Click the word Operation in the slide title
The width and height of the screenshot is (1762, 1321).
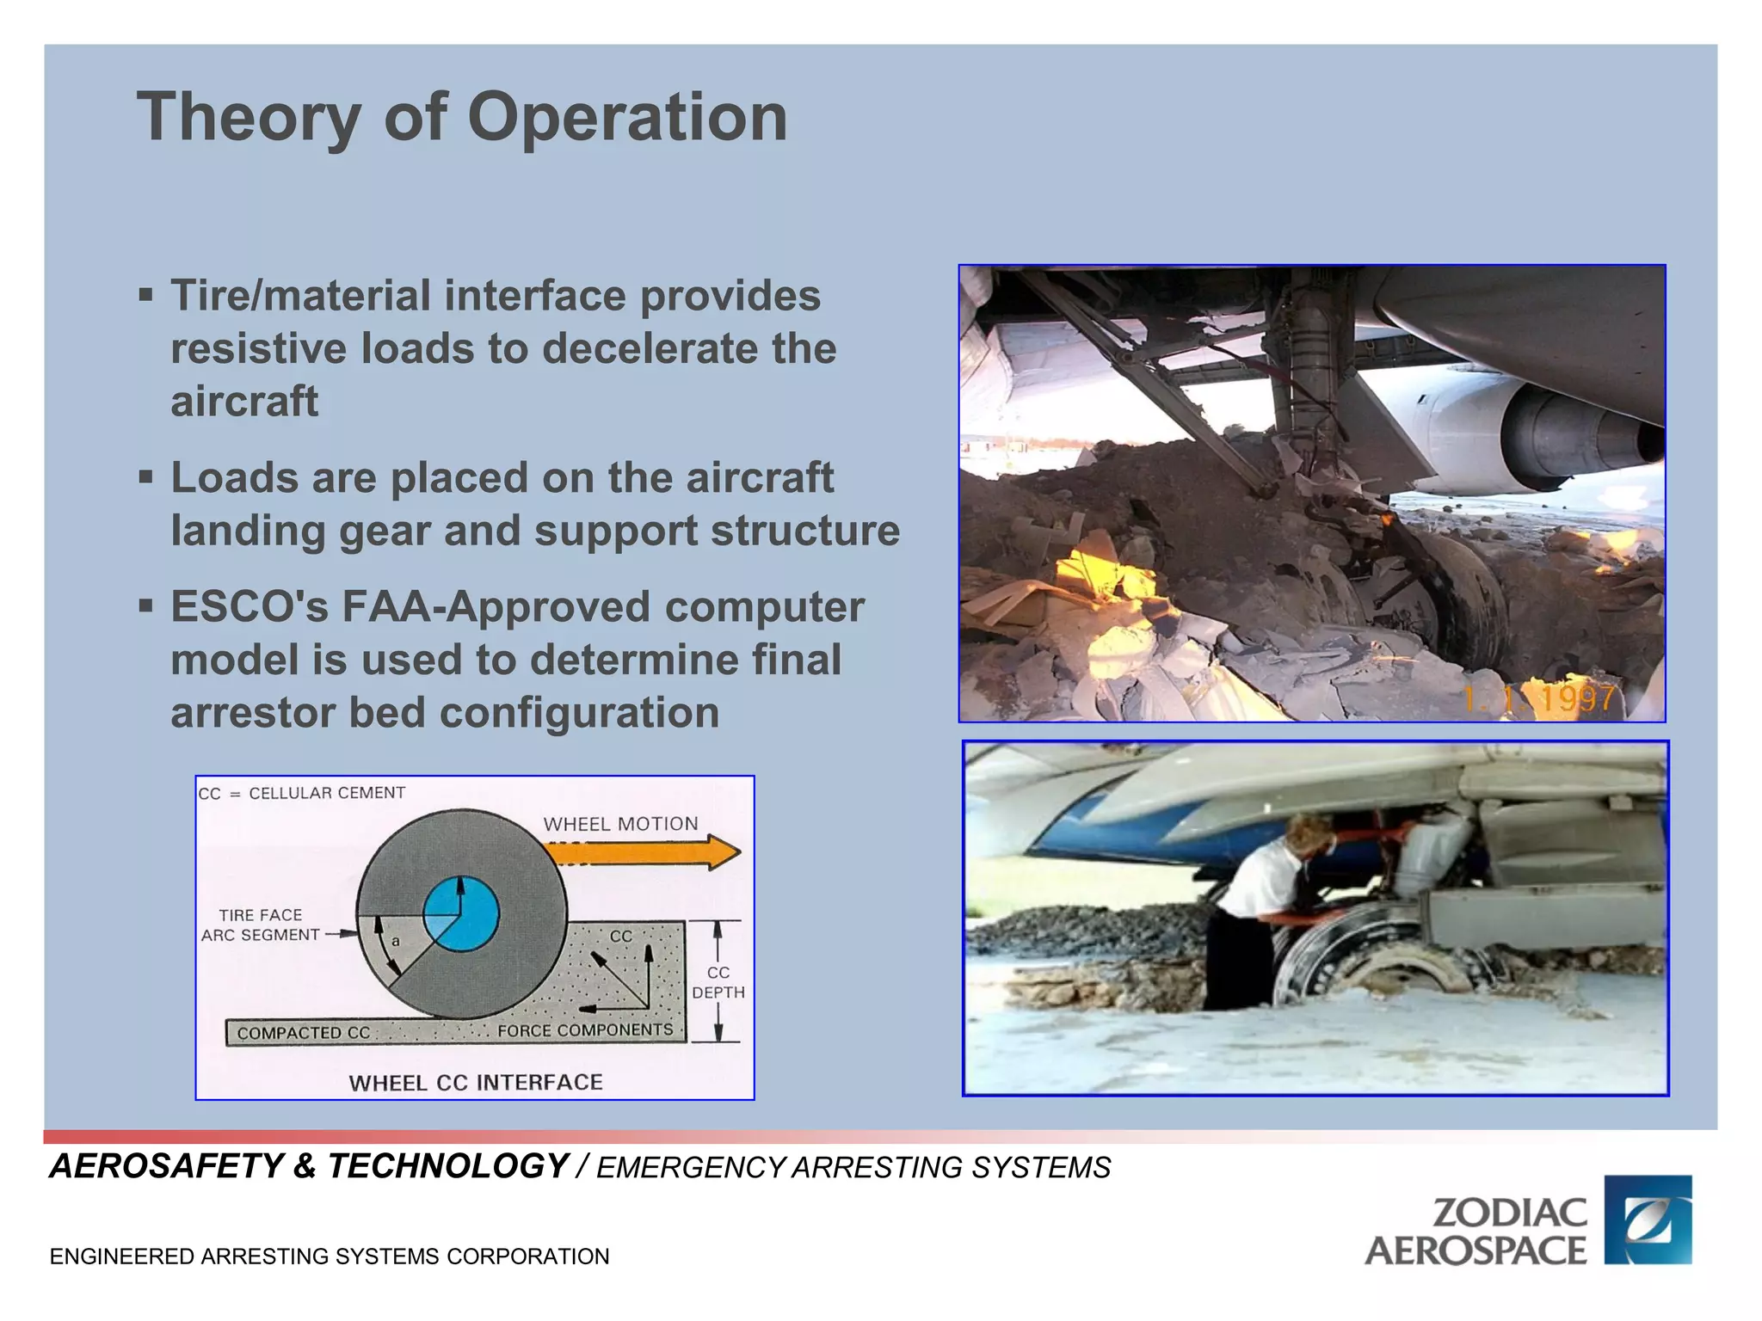(x=626, y=118)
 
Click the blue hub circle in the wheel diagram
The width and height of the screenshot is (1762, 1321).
(x=461, y=914)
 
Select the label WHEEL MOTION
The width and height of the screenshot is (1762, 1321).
(x=620, y=824)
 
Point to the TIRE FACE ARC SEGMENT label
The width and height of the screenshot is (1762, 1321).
(x=261, y=925)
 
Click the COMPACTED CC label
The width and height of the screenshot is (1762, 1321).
(x=303, y=1033)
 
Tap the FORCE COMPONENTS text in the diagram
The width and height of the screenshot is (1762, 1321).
(x=585, y=1030)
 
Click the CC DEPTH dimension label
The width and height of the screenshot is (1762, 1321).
(x=718, y=982)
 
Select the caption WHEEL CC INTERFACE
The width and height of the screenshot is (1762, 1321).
(x=476, y=1083)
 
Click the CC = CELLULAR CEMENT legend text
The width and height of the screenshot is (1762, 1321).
(x=302, y=793)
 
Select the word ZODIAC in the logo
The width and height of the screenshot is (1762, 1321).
(x=1509, y=1213)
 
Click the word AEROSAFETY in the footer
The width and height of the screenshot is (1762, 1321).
(x=166, y=1166)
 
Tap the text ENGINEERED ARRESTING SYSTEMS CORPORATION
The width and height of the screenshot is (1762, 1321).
(x=330, y=1256)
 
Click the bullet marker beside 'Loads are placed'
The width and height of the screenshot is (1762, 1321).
(x=146, y=476)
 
